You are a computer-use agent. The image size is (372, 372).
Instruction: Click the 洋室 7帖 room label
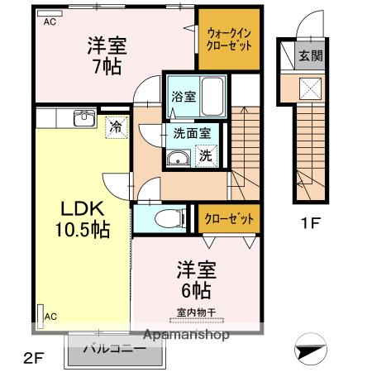[x=107, y=55]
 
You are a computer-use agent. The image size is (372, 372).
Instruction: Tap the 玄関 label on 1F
[x=311, y=57]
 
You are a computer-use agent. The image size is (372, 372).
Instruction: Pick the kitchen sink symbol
[x=83, y=118]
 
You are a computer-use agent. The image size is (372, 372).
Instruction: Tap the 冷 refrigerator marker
[x=117, y=127]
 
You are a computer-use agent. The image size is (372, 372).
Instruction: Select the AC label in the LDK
[x=51, y=315]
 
